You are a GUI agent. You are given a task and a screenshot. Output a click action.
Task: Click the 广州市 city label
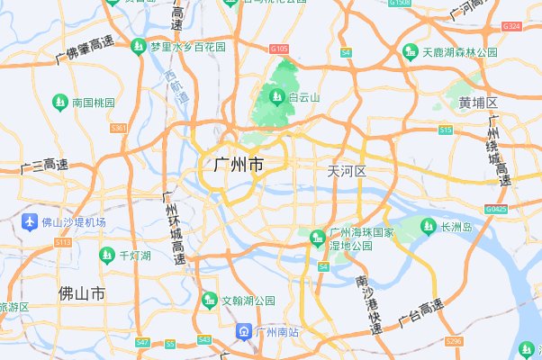pyautogui.click(x=239, y=166)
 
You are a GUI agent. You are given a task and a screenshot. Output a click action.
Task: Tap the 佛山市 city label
pyautogui.click(x=81, y=293)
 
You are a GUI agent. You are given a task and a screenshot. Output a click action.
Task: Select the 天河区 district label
pyautogui.click(x=347, y=171)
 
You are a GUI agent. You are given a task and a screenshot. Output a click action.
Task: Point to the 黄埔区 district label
pyautogui.click(x=477, y=103)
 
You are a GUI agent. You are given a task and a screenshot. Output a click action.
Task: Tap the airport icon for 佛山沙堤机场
pyautogui.click(x=30, y=221)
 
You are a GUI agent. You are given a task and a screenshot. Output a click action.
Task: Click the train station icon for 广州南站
pyautogui.click(x=244, y=332)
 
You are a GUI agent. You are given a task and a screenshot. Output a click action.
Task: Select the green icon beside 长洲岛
pyautogui.click(x=429, y=226)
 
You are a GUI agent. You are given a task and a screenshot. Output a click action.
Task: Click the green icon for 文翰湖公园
pyautogui.click(x=211, y=299)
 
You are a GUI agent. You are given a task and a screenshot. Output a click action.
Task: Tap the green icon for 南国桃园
pyautogui.click(x=60, y=102)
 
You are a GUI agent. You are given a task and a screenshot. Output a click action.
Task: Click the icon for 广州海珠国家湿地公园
pyautogui.click(x=317, y=238)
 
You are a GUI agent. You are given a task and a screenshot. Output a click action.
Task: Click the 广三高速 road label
pyautogui.click(x=43, y=166)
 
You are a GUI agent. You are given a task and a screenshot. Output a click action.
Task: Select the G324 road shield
pyautogui.click(x=513, y=26)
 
